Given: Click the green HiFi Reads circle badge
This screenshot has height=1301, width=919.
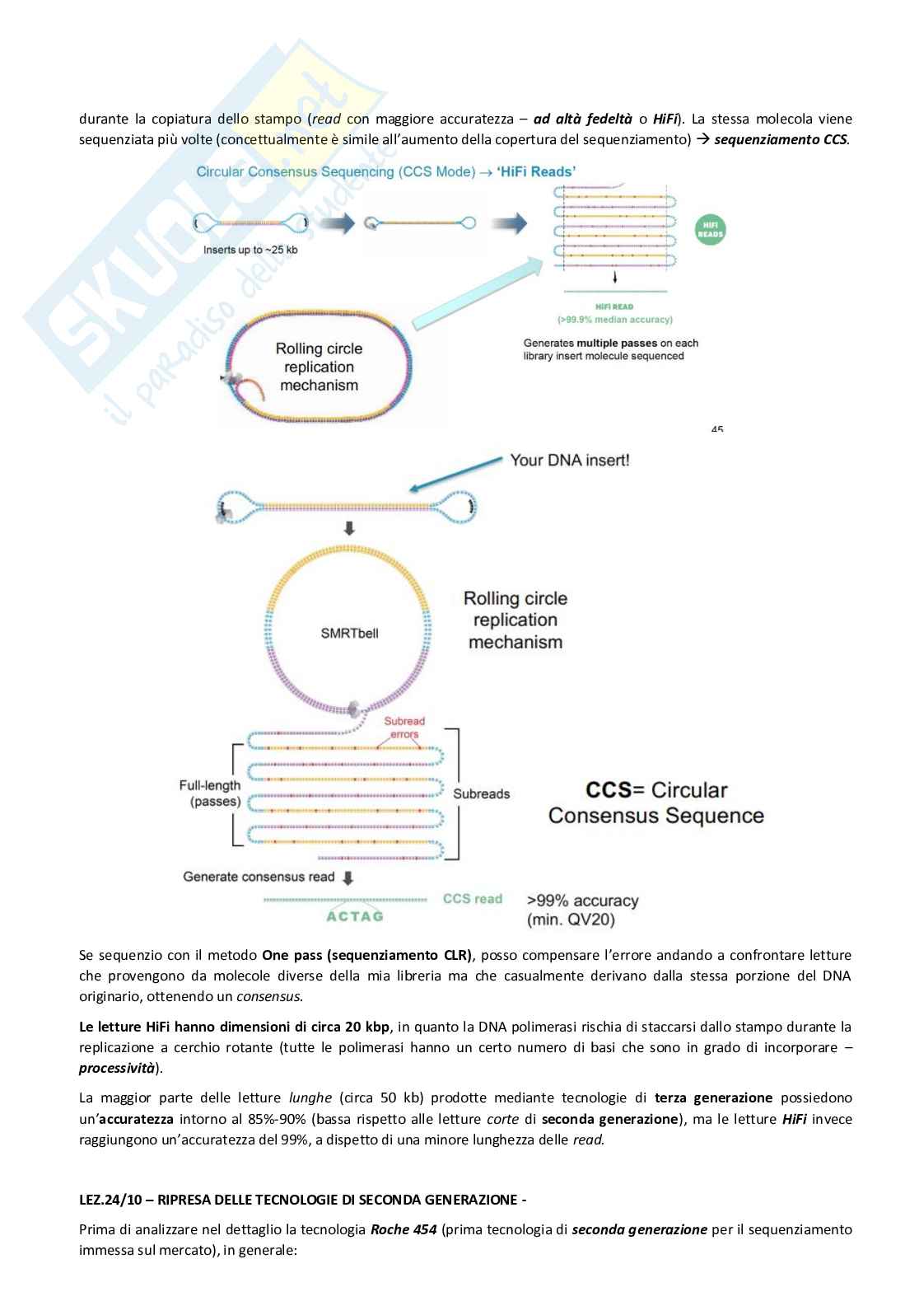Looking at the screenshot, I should pos(710,229).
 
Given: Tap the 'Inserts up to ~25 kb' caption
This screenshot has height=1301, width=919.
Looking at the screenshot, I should pos(250,250).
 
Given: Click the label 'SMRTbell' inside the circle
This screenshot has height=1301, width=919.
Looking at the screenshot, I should pos(349,634).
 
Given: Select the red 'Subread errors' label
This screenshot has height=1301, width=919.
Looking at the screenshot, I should pos(404,728).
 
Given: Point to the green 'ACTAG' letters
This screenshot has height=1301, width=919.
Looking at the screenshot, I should pos(355,915).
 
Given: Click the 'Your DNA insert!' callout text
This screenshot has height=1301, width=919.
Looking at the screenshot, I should pos(569,460).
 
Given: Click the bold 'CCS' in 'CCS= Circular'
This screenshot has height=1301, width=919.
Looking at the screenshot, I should pos(608,790).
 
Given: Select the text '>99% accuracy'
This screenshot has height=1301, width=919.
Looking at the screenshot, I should pos(582,901).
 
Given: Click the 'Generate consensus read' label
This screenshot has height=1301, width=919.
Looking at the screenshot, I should pos(259,877).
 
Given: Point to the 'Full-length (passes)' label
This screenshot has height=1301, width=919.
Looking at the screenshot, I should pos(210,793).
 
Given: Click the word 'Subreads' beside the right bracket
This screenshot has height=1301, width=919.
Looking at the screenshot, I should pos(481,793).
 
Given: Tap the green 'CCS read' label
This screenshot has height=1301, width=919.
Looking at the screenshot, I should pos(472,898).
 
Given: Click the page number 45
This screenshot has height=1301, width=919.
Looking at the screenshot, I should pos(716,428).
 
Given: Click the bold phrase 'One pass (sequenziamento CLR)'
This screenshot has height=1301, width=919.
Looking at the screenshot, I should pos(366,956).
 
